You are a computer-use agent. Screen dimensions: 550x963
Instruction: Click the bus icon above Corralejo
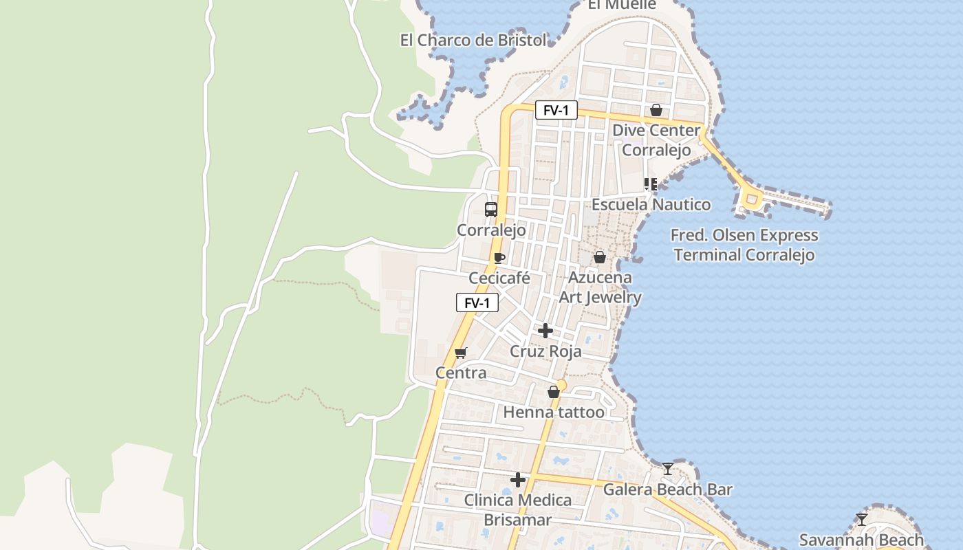click(x=490, y=210)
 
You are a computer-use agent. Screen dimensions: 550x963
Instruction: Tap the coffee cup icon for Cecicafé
click(x=499, y=258)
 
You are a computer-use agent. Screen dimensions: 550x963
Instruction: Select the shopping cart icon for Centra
click(x=461, y=353)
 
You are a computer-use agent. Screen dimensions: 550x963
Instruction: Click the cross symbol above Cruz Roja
click(x=545, y=331)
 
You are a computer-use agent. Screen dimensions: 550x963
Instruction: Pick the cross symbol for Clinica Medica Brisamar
click(x=518, y=479)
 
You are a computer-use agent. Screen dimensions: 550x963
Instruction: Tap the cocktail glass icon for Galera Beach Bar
click(x=667, y=469)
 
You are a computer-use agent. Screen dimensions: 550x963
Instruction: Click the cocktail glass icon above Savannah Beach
click(x=861, y=519)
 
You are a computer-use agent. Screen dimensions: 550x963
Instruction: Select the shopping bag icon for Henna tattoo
click(x=554, y=392)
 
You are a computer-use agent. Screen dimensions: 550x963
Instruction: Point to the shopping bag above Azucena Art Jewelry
click(x=600, y=257)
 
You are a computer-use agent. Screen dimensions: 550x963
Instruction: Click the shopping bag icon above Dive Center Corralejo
click(x=656, y=110)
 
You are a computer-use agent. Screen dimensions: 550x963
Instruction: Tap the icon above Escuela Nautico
click(x=650, y=184)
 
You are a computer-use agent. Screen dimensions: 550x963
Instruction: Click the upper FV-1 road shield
click(x=556, y=110)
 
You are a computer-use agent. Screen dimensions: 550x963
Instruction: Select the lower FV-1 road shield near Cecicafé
click(x=477, y=302)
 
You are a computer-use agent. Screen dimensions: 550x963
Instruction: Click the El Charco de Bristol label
click(x=473, y=41)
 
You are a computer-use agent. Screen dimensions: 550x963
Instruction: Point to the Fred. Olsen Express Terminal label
click(x=744, y=245)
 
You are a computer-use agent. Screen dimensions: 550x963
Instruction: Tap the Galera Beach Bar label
click(x=667, y=490)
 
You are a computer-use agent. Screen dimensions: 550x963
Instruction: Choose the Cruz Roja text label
click(x=545, y=351)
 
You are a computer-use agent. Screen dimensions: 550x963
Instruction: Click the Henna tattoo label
click(x=554, y=412)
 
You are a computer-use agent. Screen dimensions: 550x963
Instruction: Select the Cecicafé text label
click(x=499, y=278)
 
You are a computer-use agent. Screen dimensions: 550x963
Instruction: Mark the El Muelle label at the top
click(x=622, y=5)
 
